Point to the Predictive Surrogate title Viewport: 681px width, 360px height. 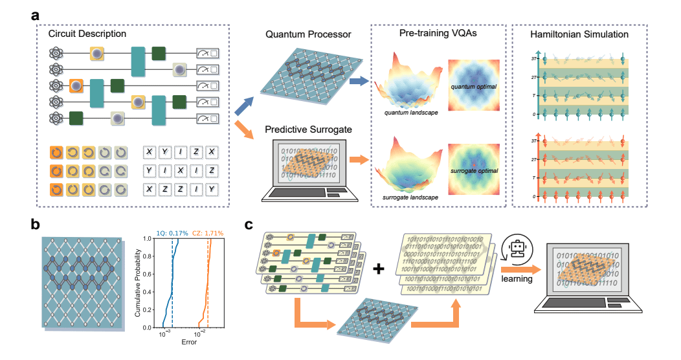tap(303, 130)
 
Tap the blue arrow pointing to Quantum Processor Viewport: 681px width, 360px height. tap(243, 106)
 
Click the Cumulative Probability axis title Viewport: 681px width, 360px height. tap(138, 284)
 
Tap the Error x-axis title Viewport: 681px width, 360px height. tap(188, 341)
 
